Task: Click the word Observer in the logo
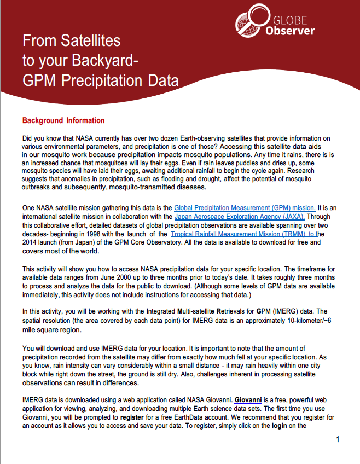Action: (290, 30)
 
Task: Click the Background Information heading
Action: (63, 120)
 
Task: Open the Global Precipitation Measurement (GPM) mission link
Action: (244, 207)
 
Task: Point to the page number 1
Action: (338, 439)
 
